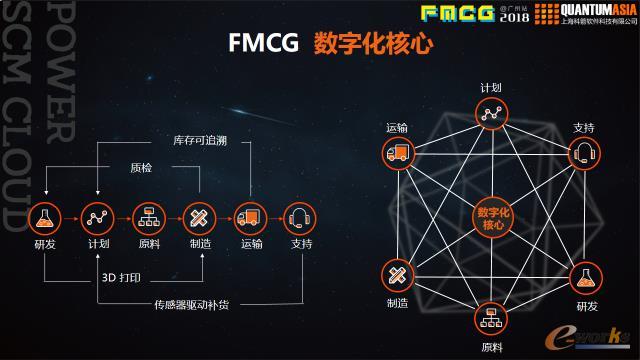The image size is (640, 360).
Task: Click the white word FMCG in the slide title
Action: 256,45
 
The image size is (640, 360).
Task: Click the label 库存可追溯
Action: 200,140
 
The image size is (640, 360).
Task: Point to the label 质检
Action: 142,167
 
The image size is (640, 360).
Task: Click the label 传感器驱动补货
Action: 191,304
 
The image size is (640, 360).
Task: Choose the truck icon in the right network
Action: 399,153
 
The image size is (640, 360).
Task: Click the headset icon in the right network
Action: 585,153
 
